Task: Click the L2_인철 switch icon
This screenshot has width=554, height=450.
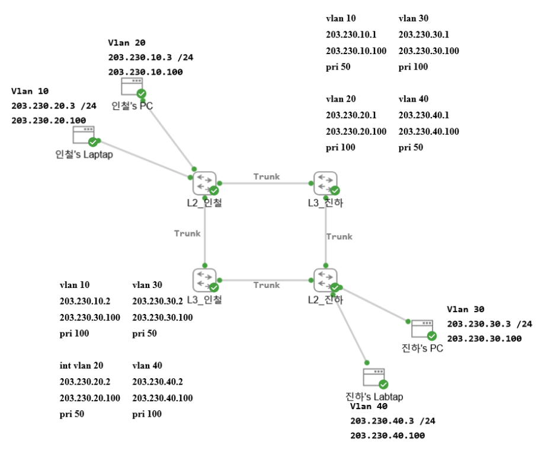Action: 204,182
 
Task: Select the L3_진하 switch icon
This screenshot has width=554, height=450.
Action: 325,182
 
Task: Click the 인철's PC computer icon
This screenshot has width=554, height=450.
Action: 132,87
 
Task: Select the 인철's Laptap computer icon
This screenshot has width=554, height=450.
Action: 84,135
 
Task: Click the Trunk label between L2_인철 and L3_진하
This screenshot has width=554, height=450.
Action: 267,176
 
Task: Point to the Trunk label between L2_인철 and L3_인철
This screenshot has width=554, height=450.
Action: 187,233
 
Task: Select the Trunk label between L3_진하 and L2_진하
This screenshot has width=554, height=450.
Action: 339,236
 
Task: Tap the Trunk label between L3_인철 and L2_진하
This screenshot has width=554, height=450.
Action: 267,285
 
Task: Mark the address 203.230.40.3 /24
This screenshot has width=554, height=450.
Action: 393,421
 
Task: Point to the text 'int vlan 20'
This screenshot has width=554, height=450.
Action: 82,366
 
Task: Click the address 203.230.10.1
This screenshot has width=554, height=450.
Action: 351,34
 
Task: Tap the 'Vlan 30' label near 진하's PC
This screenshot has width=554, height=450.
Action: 466,309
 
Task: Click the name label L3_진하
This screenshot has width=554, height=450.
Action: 325,203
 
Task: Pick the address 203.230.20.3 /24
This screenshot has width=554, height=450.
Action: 54,106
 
